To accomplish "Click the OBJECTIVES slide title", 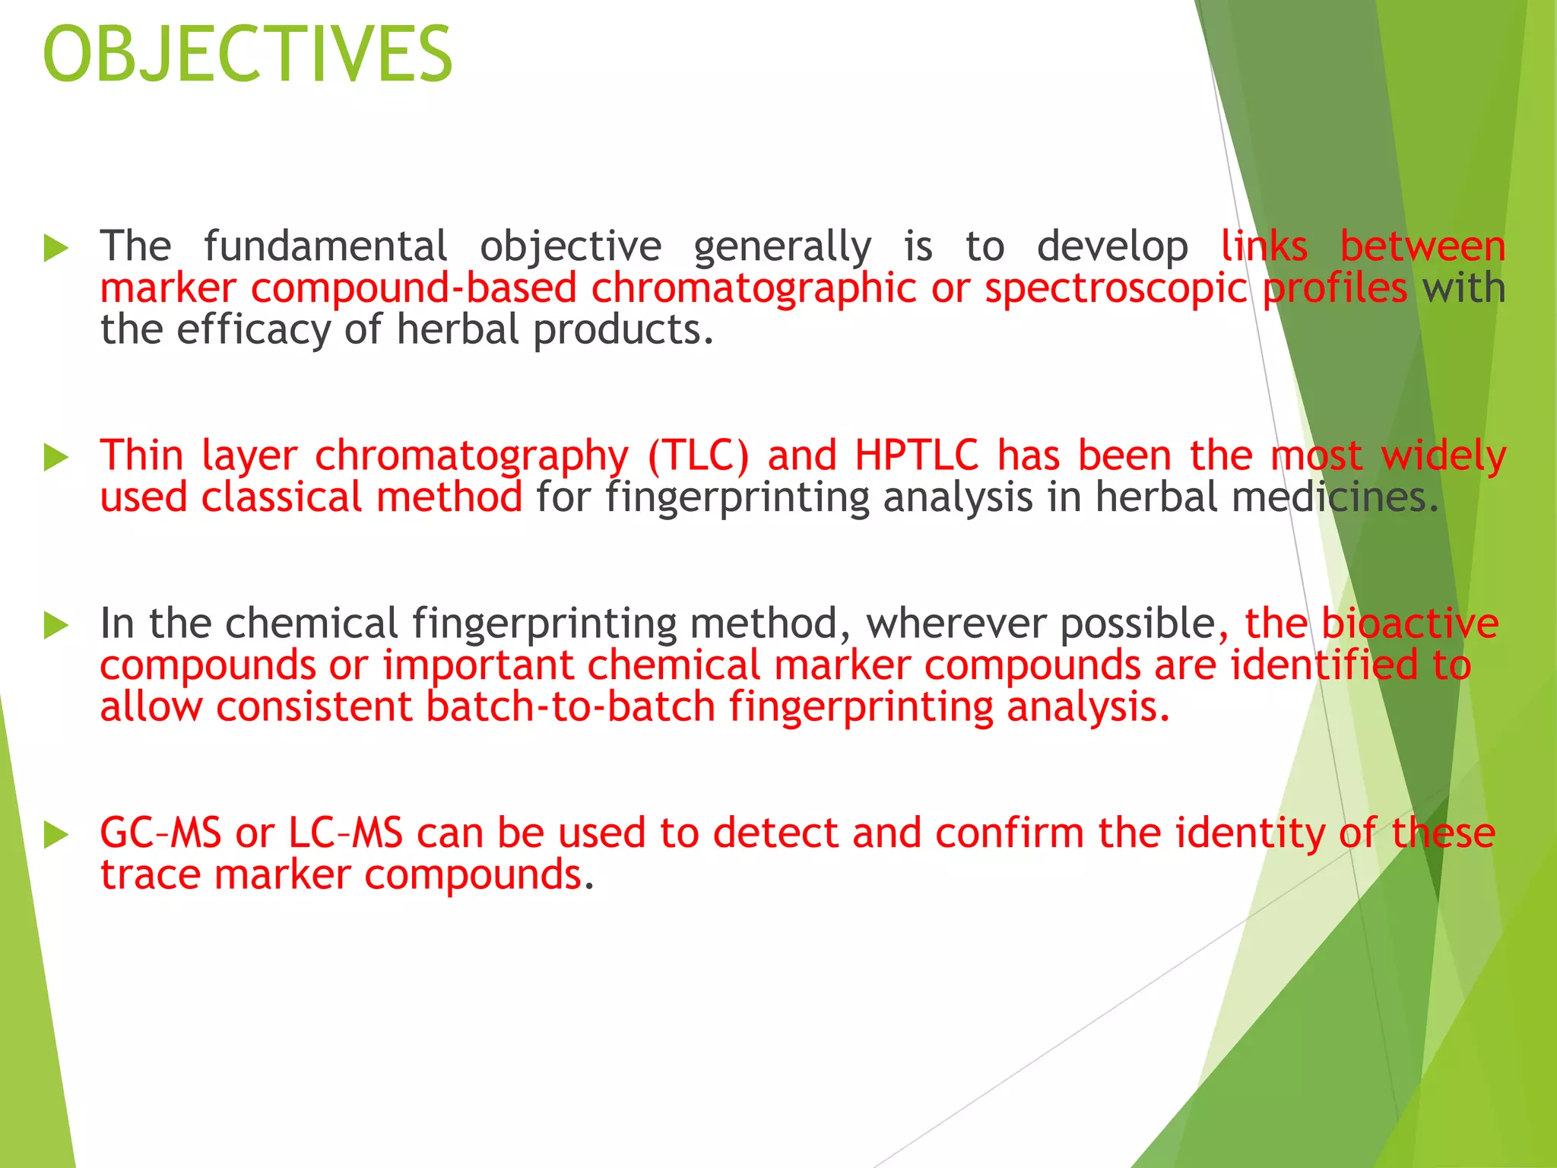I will [248, 55].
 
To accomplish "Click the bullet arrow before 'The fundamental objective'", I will [56, 249].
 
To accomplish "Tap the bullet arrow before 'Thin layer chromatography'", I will [56, 458].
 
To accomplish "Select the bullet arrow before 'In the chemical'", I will [56, 625].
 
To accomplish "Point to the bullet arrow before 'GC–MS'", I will [56, 835].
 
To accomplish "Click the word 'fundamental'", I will [325, 246].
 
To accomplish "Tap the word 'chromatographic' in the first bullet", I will [753, 289].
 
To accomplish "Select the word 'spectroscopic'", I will [1116, 289].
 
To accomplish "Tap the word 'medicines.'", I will [1335, 498].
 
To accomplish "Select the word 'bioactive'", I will [1410, 624].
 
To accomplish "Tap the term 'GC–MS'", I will [160, 833].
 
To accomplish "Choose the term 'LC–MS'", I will [346, 833].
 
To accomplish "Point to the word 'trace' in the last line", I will [150, 875].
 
